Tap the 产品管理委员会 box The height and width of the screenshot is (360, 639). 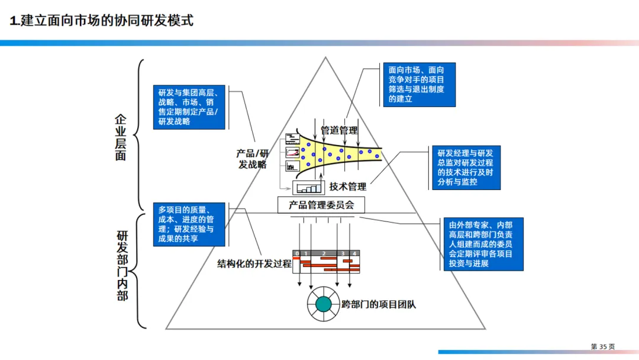tap(321, 205)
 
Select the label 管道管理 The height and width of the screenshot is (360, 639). tap(339, 130)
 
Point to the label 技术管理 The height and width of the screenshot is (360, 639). tap(347, 187)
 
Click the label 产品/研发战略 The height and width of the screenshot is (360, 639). tap(253, 159)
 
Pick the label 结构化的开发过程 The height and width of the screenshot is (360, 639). tap(254, 263)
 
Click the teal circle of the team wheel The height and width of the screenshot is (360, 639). tap(323, 304)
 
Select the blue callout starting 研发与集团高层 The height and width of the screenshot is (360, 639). tap(189, 107)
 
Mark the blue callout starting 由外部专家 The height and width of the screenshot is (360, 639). tap(483, 244)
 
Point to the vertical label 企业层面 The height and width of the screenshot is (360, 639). tap(121, 138)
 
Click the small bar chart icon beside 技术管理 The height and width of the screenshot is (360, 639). tap(308, 188)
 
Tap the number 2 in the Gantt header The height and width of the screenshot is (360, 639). tap(324, 253)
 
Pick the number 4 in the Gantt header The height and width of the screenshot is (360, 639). tap(354, 253)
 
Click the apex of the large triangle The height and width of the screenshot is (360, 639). tap(325, 57)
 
